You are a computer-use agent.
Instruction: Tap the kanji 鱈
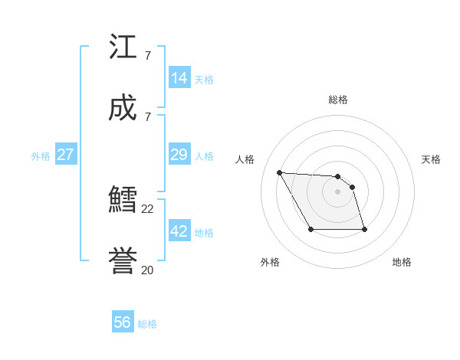[x=123, y=201]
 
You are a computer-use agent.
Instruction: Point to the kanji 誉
[x=123, y=261]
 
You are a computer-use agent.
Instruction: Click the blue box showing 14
[x=179, y=77]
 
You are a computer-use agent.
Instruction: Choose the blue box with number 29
[x=179, y=155]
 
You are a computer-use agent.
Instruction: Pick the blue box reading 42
[x=179, y=231]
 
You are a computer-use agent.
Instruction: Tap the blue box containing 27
[x=66, y=155]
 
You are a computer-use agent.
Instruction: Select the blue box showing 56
[x=123, y=322]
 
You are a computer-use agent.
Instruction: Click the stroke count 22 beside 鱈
[x=148, y=209]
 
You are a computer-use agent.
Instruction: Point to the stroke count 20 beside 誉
[x=148, y=270]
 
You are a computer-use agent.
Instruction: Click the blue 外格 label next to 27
[x=41, y=156]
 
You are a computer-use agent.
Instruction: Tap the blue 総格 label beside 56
[x=147, y=324]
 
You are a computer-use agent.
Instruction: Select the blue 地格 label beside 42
[x=204, y=233]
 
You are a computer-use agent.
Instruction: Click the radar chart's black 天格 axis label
[x=431, y=159]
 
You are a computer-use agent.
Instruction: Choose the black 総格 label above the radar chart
[x=338, y=100]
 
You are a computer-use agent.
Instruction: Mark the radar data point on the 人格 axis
[x=279, y=172]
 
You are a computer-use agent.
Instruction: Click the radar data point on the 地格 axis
[x=364, y=229]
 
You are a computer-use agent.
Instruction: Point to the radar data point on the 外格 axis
[x=310, y=229]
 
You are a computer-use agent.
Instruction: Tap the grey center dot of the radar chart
[x=337, y=191]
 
